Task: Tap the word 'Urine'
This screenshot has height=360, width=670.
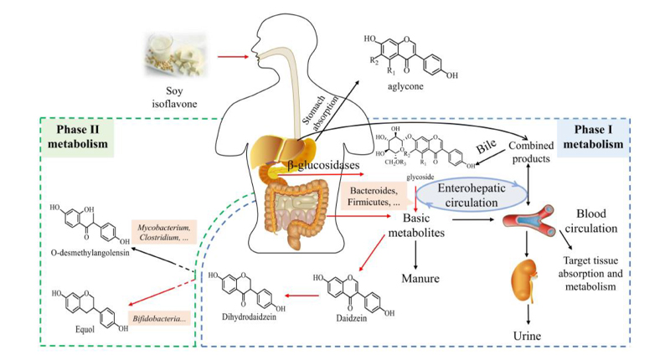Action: click(x=528, y=337)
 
